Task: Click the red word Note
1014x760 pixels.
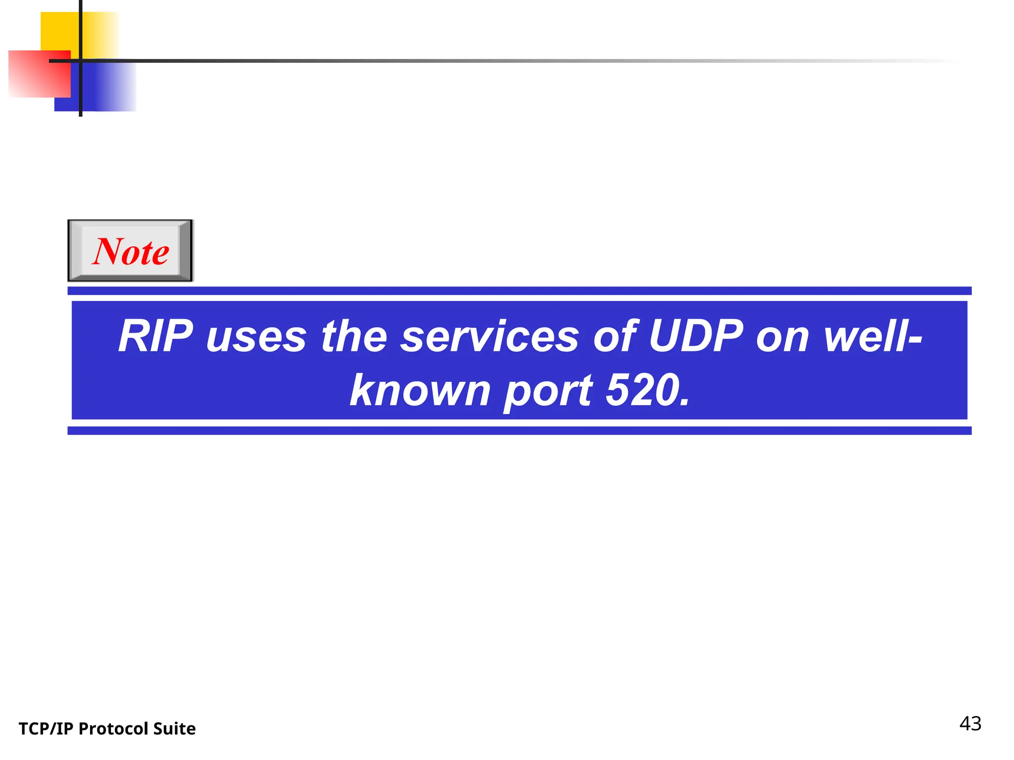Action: (131, 251)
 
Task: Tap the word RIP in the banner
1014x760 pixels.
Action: (155, 336)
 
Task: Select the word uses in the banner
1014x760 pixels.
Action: (256, 337)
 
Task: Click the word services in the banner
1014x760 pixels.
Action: (490, 337)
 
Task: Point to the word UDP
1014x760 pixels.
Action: (696, 336)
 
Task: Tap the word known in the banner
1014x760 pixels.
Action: (420, 391)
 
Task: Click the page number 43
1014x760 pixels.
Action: (970, 724)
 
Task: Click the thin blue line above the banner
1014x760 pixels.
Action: (519, 291)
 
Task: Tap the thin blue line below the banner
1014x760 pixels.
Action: (519, 430)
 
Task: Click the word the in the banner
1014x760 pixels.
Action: (354, 336)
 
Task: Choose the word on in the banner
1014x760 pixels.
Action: (782, 337)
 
